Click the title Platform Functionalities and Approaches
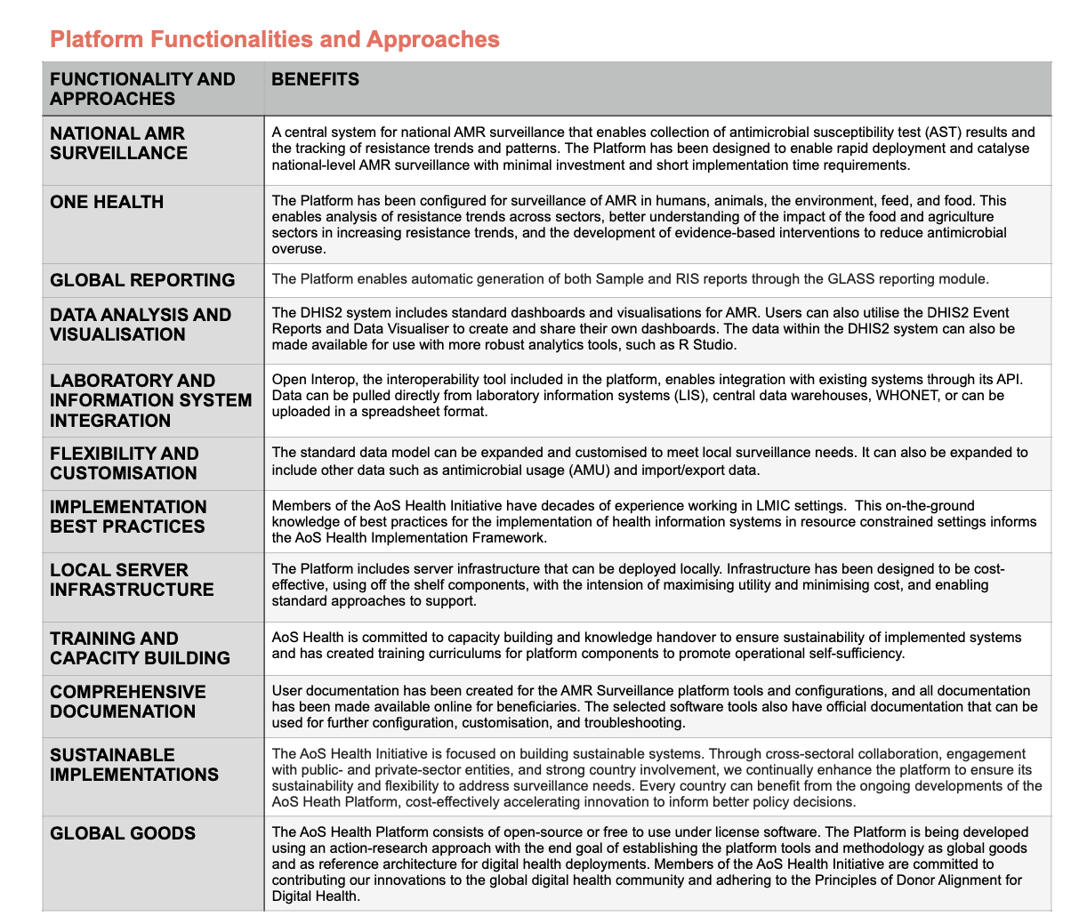[x=274, y=39]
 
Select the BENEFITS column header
[x=315, y=79]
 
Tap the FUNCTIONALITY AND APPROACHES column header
[x=142, y=89]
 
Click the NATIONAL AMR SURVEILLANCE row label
[x=118, y=143]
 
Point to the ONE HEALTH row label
[x=107, y=202]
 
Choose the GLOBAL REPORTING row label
[x=142, y=280]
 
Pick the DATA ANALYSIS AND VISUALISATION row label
[x=141, y=325]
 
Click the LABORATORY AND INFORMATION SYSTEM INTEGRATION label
[x=150, y=400]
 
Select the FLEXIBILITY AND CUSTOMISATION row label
[x=125, y=463]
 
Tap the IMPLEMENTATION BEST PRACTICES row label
[x=128, y=517]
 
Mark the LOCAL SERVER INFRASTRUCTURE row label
[x=132, y=580]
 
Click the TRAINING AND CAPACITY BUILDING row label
[x=140, y=648]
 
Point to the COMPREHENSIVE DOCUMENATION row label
[x=127, y=702]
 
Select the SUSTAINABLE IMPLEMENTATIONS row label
[x=133, y=765]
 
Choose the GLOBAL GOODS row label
[x=123, y=833]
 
